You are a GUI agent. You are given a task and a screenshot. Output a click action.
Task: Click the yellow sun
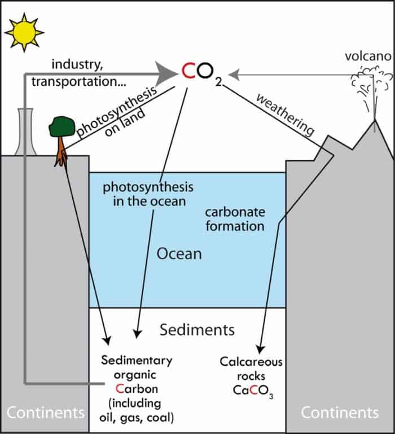(x=24, y=32)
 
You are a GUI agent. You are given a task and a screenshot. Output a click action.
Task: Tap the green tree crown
(x=62, y=126)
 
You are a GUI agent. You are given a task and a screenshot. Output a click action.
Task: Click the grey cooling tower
(x=25, y=131)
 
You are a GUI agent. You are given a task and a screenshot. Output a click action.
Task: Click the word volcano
(x=368, y=56)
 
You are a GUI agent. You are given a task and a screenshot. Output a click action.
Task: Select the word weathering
(x=286, y=115)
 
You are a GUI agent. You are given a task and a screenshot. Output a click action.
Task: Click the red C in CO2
(x=188, y=71)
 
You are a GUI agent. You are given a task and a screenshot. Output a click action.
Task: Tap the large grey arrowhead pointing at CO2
(x=166, y=74)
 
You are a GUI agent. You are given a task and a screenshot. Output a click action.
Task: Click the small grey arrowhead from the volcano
(x=234, y=74)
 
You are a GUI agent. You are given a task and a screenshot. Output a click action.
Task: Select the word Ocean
(x=179, y=254)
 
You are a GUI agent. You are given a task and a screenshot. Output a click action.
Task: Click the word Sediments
(x=197, y=330)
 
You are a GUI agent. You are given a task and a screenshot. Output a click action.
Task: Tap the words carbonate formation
(x=235, y=219)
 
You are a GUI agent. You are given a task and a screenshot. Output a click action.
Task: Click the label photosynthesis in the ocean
(x=148, y=194)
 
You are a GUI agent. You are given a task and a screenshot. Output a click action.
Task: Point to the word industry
(x=77, y=64)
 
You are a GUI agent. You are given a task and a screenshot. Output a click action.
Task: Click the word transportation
(x=78, y=82)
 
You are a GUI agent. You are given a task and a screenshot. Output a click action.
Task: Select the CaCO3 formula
(x=253, y=391)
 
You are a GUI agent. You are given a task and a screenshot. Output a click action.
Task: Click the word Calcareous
(x=251, y=362)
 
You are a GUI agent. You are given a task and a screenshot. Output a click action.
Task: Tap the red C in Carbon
(x=120, y=389)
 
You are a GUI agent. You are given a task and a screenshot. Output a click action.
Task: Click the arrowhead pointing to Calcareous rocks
(x=260, y=349)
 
